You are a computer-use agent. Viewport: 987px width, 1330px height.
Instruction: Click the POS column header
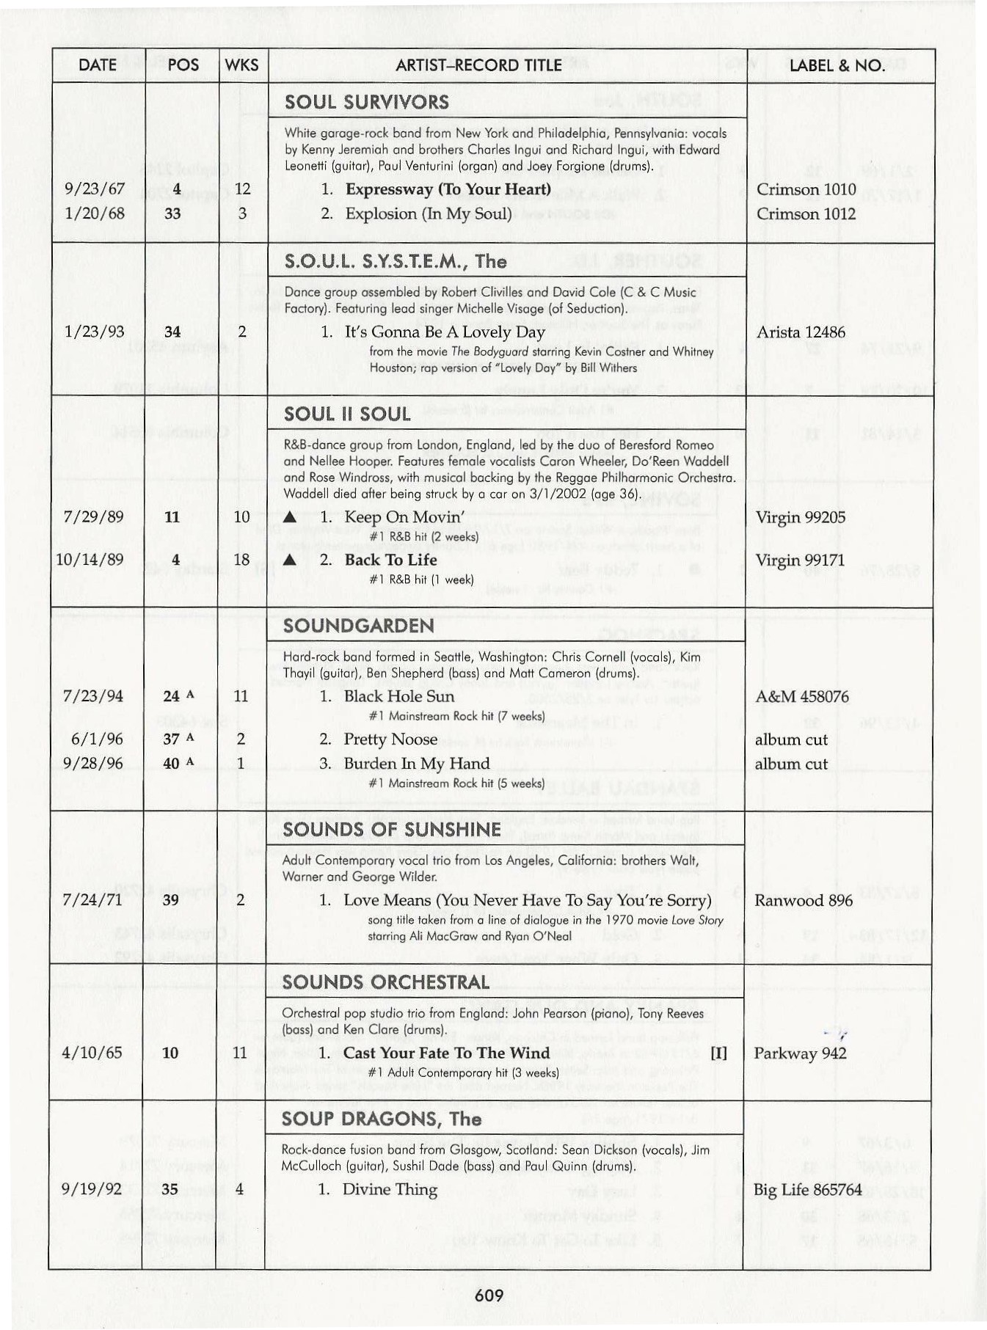tap(183, 65)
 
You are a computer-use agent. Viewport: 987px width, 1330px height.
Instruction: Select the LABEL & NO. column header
tap(837, 65)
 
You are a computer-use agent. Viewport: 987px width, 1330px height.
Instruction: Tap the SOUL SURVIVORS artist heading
tap(366, 102)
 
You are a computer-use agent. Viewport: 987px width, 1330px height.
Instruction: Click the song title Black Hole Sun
tap(398, 696)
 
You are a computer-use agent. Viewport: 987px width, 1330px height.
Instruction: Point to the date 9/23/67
tap(95, 189)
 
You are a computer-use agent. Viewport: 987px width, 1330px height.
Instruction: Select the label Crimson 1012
tap(806, 213)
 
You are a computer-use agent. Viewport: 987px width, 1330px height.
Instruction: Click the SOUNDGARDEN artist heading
tap(358, 626)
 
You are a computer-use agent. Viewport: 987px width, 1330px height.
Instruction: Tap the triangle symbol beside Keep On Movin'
tap(290, 518)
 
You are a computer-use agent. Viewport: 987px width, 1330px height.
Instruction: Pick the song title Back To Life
tap(390, 560)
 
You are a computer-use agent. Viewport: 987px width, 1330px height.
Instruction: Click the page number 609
tap(489, 1295)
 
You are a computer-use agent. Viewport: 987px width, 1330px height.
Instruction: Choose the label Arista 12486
tap(801, 332)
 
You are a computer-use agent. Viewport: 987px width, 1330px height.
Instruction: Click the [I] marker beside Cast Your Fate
tap(718, 1053)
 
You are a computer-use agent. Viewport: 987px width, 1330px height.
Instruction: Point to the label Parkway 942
tap(800, 1053)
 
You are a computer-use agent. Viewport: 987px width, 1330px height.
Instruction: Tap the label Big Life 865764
tap(807, 1189)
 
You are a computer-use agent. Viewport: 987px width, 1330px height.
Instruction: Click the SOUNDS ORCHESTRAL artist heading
tap(385, 982)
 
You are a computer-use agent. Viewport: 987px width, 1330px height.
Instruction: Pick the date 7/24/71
tap(92, 900)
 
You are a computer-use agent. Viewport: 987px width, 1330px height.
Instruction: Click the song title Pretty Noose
tap(390, 739)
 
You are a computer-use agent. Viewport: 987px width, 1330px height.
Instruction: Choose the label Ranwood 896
tap(803, 900)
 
